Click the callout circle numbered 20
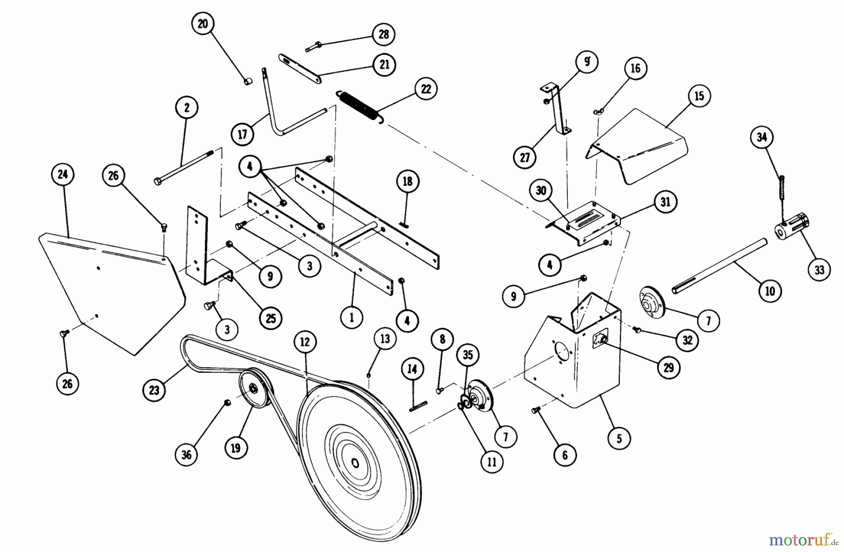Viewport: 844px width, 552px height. click(x=203, y=24)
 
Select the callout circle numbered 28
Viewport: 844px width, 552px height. click(x=384, y=34)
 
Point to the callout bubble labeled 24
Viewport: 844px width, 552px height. click(x=63, y=174)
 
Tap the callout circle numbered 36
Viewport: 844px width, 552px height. click(x=187, y=454)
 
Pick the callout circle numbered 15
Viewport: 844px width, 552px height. click(x=699, y=96)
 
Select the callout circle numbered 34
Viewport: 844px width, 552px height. click(x=761, y=137)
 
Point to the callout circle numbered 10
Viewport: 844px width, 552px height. click(x=770, y=291)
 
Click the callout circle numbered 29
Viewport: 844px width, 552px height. click(x=669, y=367)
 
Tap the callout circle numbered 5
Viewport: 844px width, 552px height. click(x=619, y=439)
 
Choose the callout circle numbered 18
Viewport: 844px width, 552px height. click(x=407, y=181)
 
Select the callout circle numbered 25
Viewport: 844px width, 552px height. click(x=271, y=318)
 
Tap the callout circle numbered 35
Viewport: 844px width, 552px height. click(x=468, y=355)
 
